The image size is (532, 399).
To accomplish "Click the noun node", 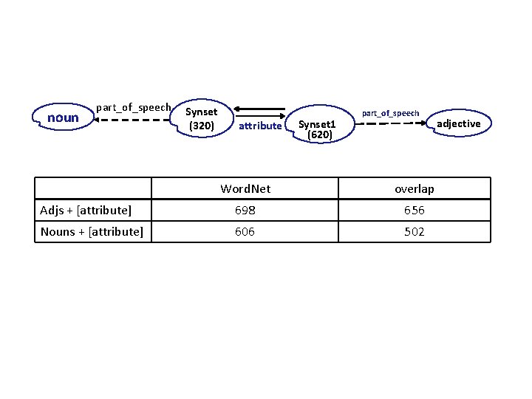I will (x=63, y=117).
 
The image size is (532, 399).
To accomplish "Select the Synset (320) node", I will (x=202, y=119).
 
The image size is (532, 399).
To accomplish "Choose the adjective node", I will (x=458, y=123).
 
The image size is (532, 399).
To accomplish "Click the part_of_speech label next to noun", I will (x=134, y=108).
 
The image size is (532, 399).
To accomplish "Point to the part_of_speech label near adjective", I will (x=390, y=113).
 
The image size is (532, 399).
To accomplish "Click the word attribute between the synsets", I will (x=260, y=126).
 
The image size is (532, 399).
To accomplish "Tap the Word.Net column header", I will (x=245, y=188).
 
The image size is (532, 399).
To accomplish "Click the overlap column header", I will (x=415, y=188).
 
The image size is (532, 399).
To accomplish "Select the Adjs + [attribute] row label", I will (x=86, y=211).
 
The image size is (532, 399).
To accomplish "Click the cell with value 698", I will (x=245, y=211).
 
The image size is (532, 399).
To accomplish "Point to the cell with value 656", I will (x=415, y=211).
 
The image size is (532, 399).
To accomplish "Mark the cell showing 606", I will (x=245, y=232).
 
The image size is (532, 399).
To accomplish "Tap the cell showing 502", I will (x=415, y=232).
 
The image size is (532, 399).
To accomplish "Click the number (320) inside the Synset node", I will (x=202, y=126).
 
